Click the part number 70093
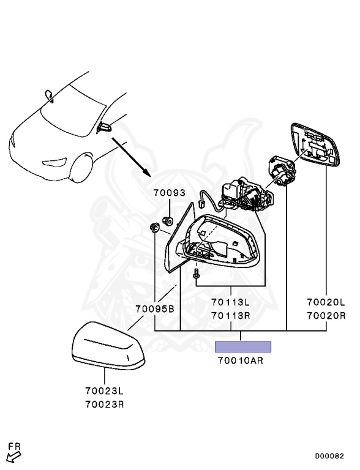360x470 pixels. coord(170,192)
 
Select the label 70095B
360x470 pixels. coord(155,308)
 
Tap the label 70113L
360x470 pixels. coord(230,302)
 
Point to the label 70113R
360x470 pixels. coord(230,315)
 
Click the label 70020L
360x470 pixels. coord(326,302)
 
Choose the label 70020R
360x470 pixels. coord(326,315)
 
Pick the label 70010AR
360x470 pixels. coord(241,360)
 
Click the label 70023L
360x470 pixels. coord(105,391)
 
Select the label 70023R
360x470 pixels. coord(105,405)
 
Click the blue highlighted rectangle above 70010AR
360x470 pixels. coord(243,347)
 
